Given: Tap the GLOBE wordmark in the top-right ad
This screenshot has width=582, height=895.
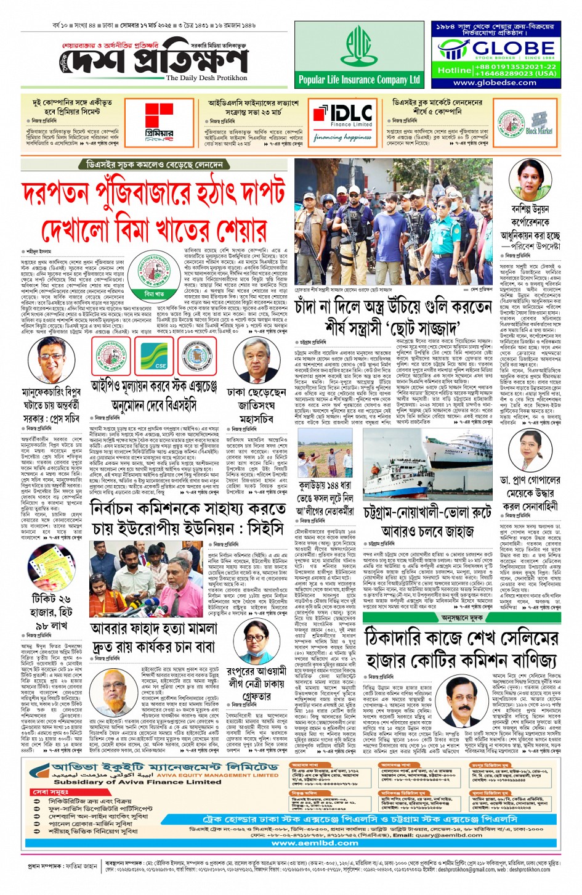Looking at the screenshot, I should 504,48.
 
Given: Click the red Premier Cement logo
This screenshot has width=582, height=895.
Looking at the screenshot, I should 160,117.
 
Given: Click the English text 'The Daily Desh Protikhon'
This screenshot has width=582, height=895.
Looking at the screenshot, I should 206,78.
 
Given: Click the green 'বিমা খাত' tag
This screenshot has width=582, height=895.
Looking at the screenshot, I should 154,295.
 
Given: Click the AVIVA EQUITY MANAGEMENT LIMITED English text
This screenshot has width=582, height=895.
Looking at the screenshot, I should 217,775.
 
